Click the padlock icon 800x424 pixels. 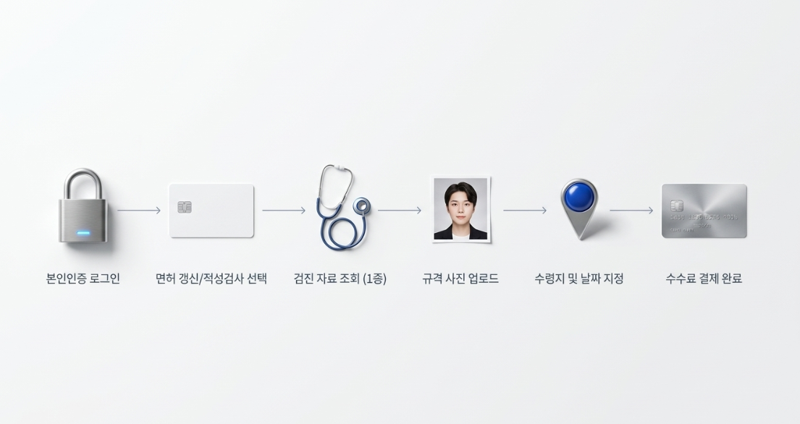tap(83, 206)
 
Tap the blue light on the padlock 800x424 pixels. tap(83, 234)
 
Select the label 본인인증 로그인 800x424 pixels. tap(83, 279)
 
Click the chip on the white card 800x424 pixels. tap(185, 207)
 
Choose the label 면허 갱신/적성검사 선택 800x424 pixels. tap(211, 279)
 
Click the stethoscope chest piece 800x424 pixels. tap(362, 206)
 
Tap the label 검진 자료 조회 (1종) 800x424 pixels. tap(340, 279)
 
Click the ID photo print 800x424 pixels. tap(460, 209)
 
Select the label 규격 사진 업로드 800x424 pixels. tap(460, 279)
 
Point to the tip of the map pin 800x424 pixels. tap(580, 239)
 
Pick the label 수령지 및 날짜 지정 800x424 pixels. tap(579, 279)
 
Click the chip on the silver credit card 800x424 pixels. tap(676, 206)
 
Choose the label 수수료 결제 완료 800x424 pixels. tap(704, 279)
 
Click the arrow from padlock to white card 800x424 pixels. tap(139, 210)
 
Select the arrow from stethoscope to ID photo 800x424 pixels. tap(400, 210)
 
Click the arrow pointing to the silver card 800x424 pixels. tap(631, 210)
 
